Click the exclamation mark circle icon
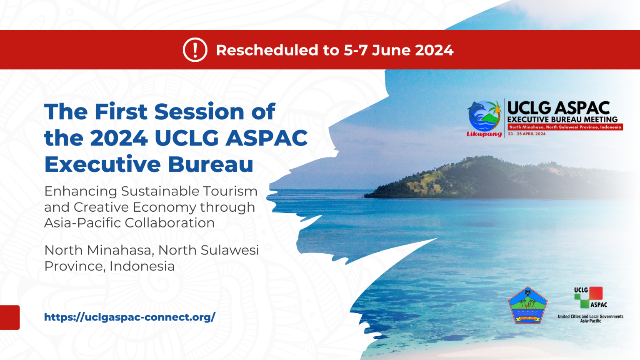pyautogui.click(x=195, y=50)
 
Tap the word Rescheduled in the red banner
pyautogui.click(x=267, y=50)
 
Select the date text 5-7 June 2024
pyautogui.click(x=398, y=50)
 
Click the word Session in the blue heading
pyautogui.click(x=199, y=112)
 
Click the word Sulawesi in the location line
pyautogui.click(x=230, y=250)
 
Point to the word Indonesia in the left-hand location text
pyautogui.click(x=142, y=266)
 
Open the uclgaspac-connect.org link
pyautogui.click(x=130, y=317)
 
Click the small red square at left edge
pyautogui.click(x=10, y=317)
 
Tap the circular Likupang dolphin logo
pyautogui.click(x=484, y=115)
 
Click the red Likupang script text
pyautogui.click(x=484, y=134)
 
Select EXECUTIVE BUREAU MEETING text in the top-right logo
pyautogui.click(x=562, y=120)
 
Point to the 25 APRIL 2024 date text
pyautogui.click(x=531, y=134)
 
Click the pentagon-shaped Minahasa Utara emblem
pyautogui.click(x=527, y=305)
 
